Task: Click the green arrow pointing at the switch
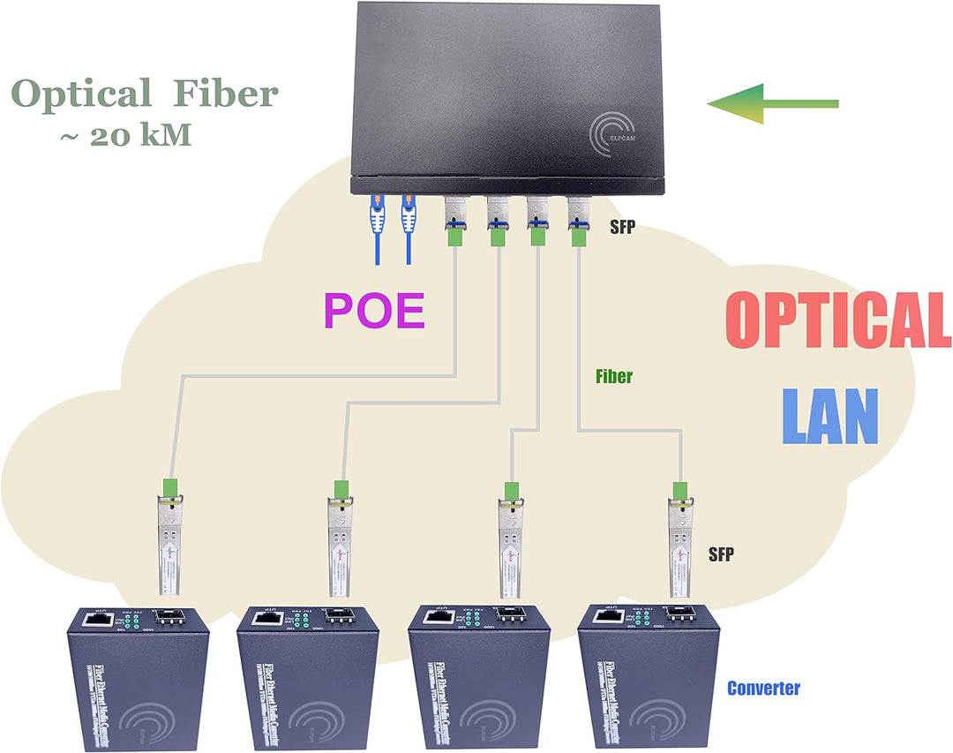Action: point(772,104)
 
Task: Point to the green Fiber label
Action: point(614,377)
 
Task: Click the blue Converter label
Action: point(763,688)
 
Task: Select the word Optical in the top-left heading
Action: point(81,94)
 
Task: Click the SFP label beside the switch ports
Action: point(622,227)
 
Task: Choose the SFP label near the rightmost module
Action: point(721,554)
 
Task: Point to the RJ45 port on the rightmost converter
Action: point(605,619)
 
